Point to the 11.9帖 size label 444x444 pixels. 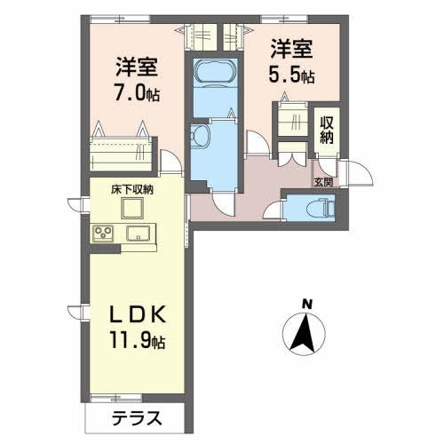[138, 340]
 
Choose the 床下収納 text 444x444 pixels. [132, 190]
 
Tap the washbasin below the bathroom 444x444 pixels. [199, 135]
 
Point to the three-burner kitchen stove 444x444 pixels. [102, 234]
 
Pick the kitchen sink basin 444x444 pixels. [139, 234]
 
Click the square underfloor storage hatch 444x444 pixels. [132, 209]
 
